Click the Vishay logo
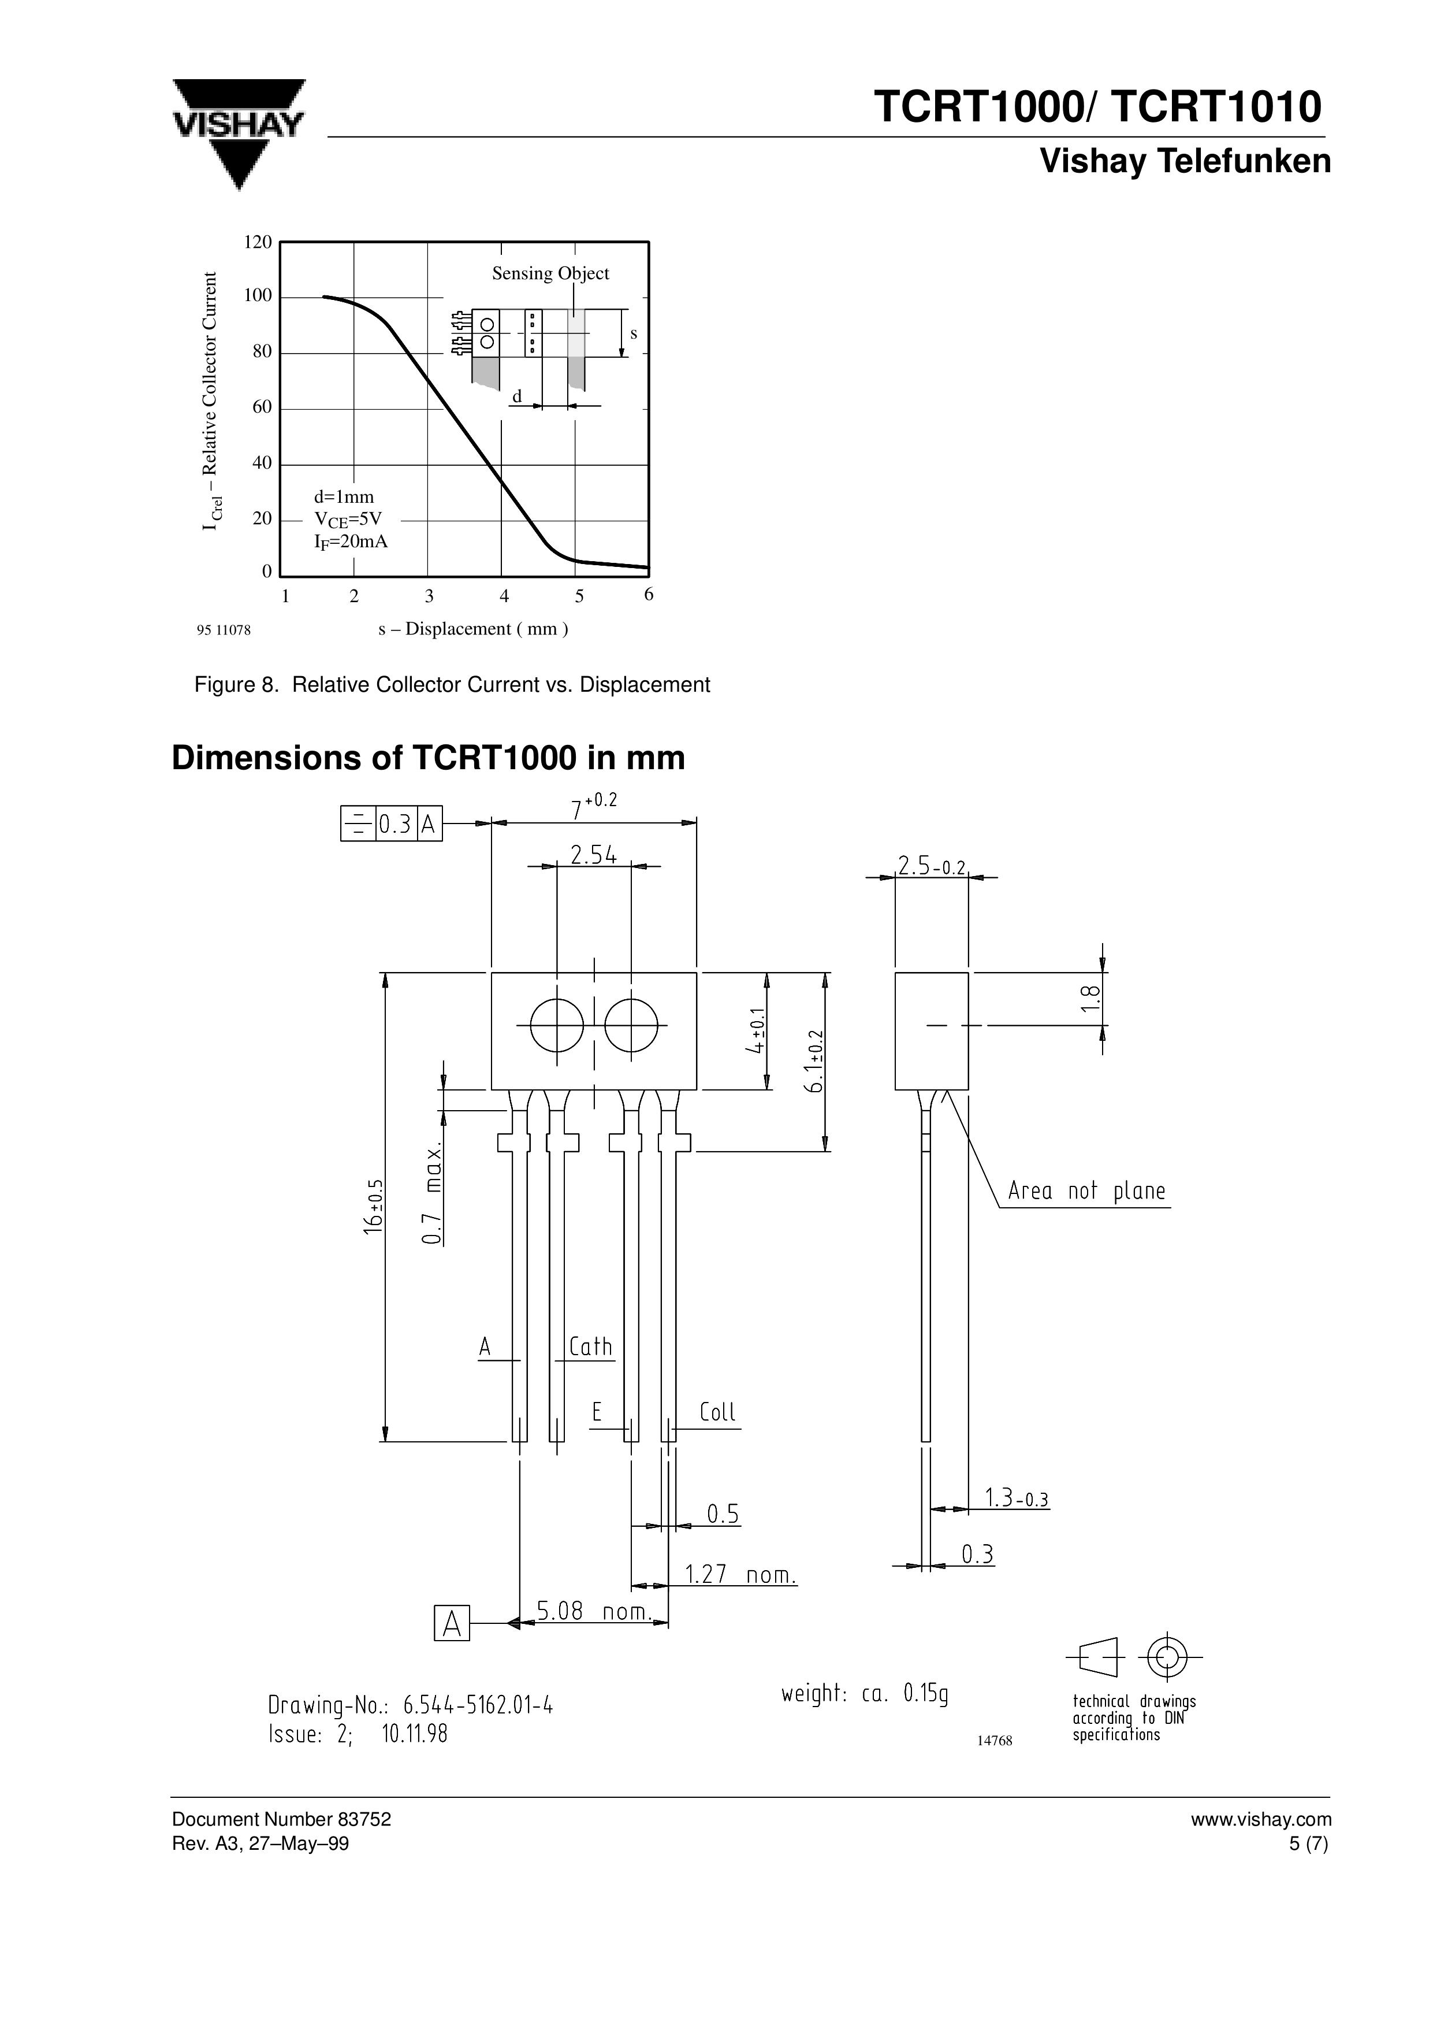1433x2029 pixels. (x=239, y=132)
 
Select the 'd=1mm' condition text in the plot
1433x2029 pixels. (x=344, y=496)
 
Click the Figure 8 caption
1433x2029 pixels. (x=452, y=685)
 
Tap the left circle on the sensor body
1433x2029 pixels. (x=557, y=1026)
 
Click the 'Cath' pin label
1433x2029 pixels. (x=590, y=1347)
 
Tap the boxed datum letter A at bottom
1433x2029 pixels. (x=452, y=1623)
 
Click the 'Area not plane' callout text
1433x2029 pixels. (x=1086, y=1191)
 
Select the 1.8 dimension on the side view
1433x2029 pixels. (x=1092, y=1000)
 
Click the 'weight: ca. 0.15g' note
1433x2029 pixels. (x=864, y=1693)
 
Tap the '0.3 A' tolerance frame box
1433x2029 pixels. (x=392, y=825)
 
